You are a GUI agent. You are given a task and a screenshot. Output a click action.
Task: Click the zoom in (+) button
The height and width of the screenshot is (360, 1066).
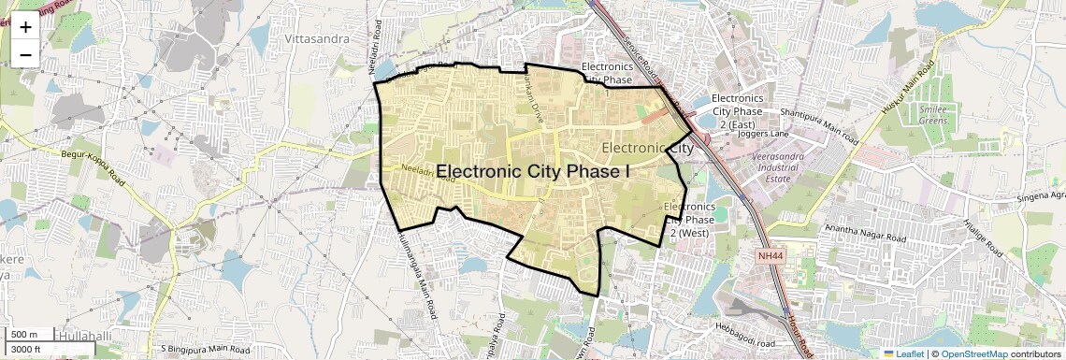click(25, 27)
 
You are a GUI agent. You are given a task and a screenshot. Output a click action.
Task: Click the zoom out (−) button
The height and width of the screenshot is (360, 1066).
click(25, 53)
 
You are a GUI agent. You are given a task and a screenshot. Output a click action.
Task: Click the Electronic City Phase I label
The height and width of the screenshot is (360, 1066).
click(534, 171)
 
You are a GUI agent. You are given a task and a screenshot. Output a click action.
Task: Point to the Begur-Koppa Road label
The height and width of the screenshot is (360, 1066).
click(93, 165)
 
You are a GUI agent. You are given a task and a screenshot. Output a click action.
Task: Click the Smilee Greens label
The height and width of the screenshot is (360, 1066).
click(932, 115)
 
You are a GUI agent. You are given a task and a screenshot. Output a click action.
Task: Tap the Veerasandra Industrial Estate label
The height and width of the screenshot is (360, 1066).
click(785, 166)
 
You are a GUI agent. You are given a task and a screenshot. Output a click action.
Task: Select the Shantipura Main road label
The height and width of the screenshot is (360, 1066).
click(819, 124)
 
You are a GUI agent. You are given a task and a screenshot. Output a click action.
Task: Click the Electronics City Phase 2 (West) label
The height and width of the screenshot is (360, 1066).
click(689, 220)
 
